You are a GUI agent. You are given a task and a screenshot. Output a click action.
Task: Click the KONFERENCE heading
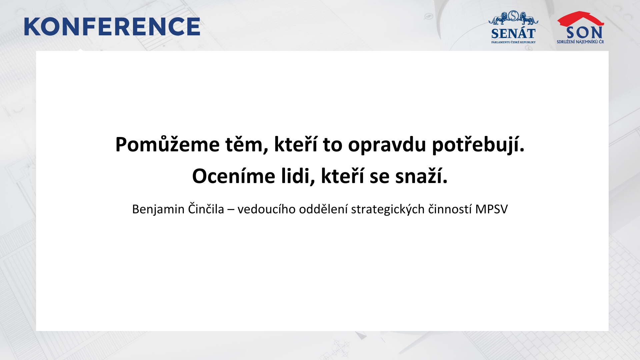coord(112,27)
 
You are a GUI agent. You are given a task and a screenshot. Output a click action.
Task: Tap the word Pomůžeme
coord(167,144)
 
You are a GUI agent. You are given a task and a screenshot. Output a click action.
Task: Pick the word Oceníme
coord(234,176)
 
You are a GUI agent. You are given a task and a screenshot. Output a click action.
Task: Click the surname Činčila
coord(206,209)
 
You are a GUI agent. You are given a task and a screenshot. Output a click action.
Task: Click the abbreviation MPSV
coord(491,209)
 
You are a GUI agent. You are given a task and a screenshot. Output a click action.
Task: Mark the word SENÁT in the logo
coord(513,34)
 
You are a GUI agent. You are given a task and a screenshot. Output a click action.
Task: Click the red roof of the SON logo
coord(580,19)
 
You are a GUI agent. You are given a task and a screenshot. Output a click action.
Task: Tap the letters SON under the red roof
coord(584,33)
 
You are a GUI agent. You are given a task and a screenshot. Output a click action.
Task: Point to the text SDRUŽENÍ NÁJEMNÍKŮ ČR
coord(580,42)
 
